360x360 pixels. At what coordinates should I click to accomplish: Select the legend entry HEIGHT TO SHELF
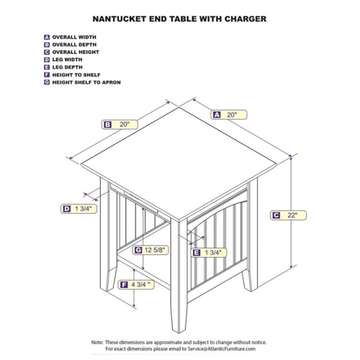76,75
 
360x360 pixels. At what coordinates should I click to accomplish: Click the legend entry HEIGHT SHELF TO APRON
85,83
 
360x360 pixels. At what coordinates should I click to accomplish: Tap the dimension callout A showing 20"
229,114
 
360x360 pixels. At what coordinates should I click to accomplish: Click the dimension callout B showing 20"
120,124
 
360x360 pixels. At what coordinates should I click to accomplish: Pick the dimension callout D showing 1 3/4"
78,209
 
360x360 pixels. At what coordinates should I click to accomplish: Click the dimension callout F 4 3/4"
138,284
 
